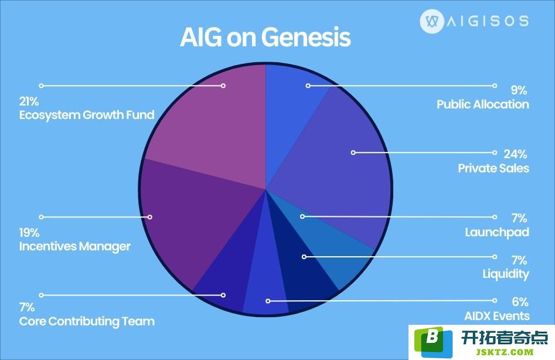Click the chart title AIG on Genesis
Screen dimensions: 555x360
coord(265,37)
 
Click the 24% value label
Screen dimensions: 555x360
coord(515,154)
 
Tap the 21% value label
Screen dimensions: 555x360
coord(29,101)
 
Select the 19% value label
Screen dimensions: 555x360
coord(29,233)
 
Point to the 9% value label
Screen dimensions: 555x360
coord(519,90)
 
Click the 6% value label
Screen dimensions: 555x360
coord(520,301)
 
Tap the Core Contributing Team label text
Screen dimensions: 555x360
coord(87,321)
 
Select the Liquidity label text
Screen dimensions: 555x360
coord(506,274)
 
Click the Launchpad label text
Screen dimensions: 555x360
coord(497,232)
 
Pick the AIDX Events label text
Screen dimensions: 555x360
coord(497,316)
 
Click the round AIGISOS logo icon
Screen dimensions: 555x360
coord(432,21)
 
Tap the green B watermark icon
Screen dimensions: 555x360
coord(433,342)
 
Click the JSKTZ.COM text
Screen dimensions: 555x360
coord(505,352)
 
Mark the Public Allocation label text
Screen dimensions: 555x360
coord(483,104)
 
